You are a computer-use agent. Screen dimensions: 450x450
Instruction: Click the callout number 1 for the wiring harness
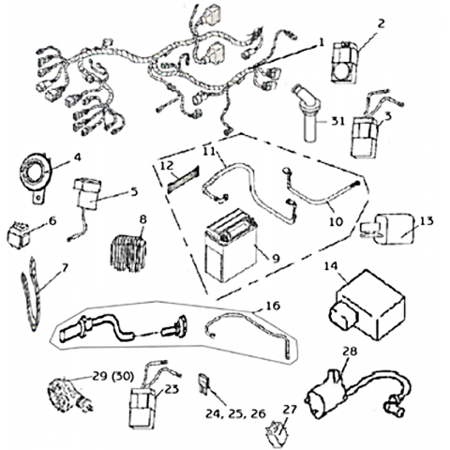pos(321,42)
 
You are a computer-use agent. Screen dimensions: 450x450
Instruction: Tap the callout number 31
pos(337,121)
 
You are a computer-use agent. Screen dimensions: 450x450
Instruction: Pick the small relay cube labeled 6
pos(19,235)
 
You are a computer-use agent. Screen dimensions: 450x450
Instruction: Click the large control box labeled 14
pos(367,306)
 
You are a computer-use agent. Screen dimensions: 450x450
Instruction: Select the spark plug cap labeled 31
pos(307,113)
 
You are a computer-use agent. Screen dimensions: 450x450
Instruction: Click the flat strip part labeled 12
pos(184,179)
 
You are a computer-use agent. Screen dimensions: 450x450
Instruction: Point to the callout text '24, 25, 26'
pos(235,413)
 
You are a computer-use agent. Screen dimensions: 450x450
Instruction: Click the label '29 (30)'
pos(113,376)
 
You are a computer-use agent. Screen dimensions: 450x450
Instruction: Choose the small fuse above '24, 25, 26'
pos(202,383)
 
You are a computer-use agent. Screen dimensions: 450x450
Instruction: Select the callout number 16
pos(273,306)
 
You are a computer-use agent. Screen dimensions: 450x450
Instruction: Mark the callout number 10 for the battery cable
pos(336,221)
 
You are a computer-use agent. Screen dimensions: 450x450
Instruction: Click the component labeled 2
pos(344,63)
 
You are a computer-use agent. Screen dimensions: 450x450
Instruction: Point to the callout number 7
pos(65,267)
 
